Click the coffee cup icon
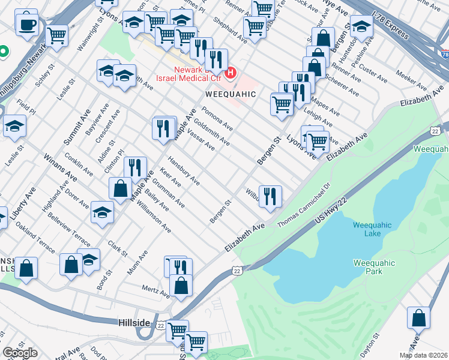coord(26,25)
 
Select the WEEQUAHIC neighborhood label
coord(231,95)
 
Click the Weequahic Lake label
coord(372,229)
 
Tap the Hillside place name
coord(133,323)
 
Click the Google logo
coord(20,353)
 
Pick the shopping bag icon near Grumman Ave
coord(121,187)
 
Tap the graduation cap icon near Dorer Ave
coord(103,212)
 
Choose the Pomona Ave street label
coord(217,119)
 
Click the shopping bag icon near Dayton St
coord(418,318)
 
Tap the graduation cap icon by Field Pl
coord(14,126)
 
